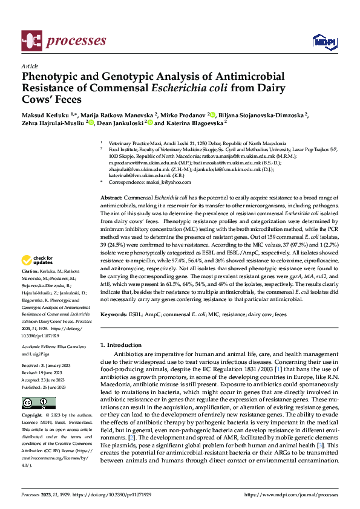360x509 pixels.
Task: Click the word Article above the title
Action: click(x=29, y=66)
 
